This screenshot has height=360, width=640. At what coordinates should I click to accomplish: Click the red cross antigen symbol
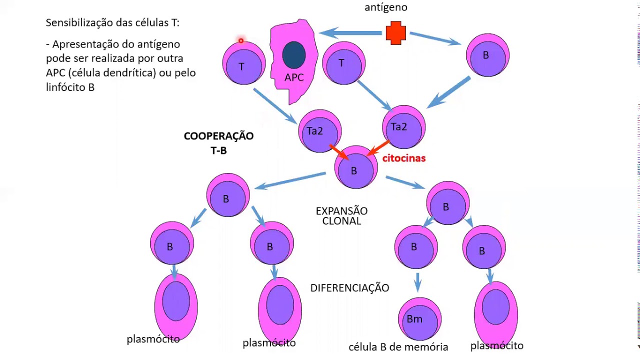point(396,33)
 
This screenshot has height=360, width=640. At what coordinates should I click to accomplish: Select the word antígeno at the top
point(385,7)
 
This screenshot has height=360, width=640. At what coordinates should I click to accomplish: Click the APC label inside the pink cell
point(294,77)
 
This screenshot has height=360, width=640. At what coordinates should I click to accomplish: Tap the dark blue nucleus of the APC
point(294,55)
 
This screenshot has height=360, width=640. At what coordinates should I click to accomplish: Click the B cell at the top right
point(487,55)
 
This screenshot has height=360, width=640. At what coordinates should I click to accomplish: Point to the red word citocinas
point(403,158)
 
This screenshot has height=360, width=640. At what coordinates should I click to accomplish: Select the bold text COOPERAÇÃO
point(218,136)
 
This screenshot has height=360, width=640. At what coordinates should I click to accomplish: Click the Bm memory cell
point(419,319)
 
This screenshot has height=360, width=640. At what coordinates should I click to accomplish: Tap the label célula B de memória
point(398,347)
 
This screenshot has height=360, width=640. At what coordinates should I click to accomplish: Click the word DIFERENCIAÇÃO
point(349,288)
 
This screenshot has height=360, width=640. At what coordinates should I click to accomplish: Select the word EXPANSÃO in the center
point(341,211)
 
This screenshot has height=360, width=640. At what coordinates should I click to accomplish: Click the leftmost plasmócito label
point(153,339)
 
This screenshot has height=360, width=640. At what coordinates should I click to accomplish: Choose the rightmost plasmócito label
point(496,345)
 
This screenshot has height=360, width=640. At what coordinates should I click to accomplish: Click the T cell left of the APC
point(243,64)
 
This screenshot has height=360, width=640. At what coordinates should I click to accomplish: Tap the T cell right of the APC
point(343,63)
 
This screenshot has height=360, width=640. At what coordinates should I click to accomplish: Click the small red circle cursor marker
point(240,40)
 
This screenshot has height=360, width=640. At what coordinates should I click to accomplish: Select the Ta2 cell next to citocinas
point(403,127)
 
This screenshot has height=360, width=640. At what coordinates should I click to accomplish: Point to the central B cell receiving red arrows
point(355,168)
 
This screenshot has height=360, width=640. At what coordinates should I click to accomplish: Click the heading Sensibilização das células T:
point(112,22)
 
